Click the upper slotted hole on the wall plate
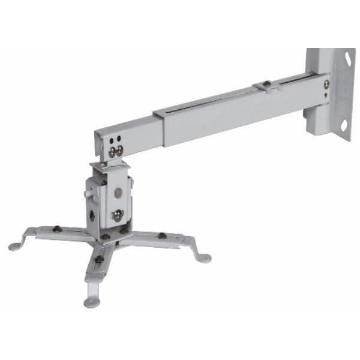point(346,60)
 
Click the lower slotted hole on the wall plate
point(344,126)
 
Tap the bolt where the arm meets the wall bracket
point(326,83)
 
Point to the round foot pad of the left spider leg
point(14,245)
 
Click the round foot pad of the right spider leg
point(205,259)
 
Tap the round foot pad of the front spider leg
point(91,302)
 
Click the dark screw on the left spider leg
point(56,228)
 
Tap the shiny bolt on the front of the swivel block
point(119,214)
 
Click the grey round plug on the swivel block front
point(118,193)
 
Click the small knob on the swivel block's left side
point(88,193)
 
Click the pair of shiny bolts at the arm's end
point(116,150)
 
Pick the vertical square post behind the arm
point(316,117)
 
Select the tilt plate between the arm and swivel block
point(108,164)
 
